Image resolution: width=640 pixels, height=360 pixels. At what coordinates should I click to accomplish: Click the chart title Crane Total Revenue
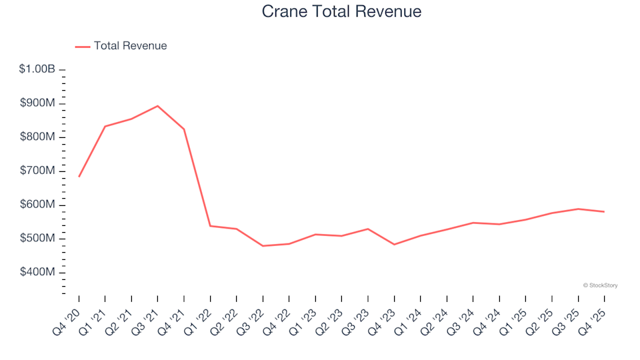pos(341,12)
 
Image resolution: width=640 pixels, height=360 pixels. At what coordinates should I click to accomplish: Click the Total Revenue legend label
pos(130,46)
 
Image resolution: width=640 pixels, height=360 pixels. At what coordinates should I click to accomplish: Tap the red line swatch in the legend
pos(83,47)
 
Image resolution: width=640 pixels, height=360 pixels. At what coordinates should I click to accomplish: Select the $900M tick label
pos(38,103)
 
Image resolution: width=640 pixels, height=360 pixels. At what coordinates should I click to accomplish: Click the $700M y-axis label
pos(38,171)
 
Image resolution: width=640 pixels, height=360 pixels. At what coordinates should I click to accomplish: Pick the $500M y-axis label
pos(38,239)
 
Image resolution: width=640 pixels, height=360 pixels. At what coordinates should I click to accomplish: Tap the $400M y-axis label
pos(38,273)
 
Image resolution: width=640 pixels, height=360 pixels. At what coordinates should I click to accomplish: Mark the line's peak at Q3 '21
pos(157,106)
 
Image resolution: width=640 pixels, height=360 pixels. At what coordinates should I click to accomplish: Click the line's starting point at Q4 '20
pos(79,177)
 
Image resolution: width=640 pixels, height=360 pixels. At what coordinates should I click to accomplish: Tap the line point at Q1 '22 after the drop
pos(210,226)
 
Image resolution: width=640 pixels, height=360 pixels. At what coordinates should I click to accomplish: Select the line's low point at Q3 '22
pos(263,246)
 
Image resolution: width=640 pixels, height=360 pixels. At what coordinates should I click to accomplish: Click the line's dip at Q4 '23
pos(394,245)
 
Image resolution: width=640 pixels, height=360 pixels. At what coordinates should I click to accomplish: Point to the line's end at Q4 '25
pos(604,212)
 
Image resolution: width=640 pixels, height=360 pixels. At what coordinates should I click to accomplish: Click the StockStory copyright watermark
pos(600,285)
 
